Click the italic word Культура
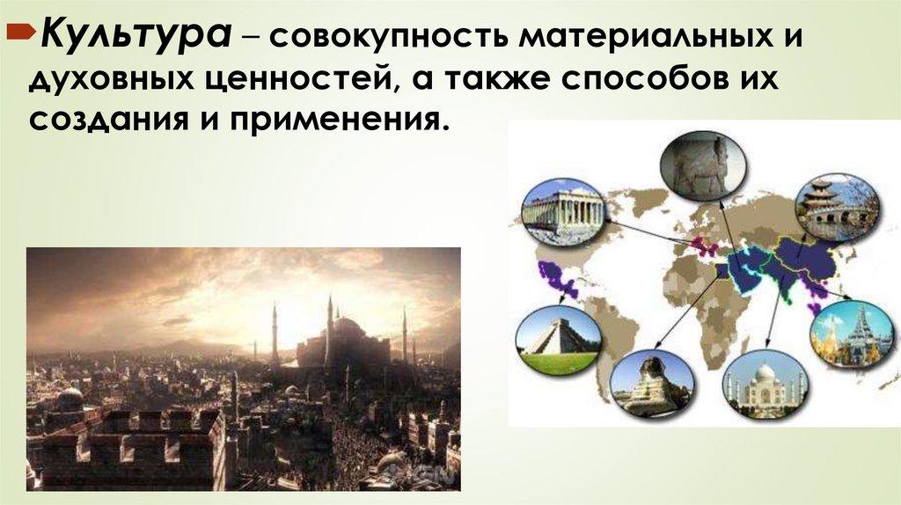pyautogui.click(x=136, y=37)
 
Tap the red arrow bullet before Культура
pyautogui.click(x=21, y=33)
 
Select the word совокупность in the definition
pyautogui.click(x=389, y=39)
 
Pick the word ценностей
pyautogui.click(x=303, y=82)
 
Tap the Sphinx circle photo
pyautogui.click(x=652, y=382)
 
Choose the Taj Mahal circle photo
pyautogui.click(x=765, y=383)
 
